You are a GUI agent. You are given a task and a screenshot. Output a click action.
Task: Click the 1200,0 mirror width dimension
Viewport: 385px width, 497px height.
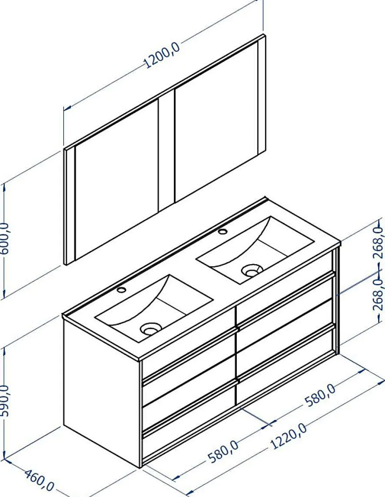coord(162,56)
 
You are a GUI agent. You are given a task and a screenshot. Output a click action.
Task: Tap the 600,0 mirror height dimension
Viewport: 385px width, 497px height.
coord(5,238)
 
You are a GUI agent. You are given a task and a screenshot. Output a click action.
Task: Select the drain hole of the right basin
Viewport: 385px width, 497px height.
coord(252,271)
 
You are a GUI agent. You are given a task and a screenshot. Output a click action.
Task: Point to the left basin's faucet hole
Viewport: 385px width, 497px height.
coord(121,290)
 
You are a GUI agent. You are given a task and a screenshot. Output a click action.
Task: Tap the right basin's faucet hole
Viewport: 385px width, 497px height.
coord(223,231)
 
